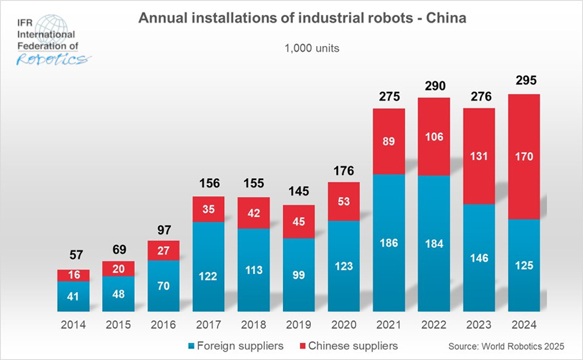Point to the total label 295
(x=524, y=82)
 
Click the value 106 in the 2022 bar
(x=434, y=137)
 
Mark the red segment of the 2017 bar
(x=209, y=208)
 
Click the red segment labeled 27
(x=163, y=251)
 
